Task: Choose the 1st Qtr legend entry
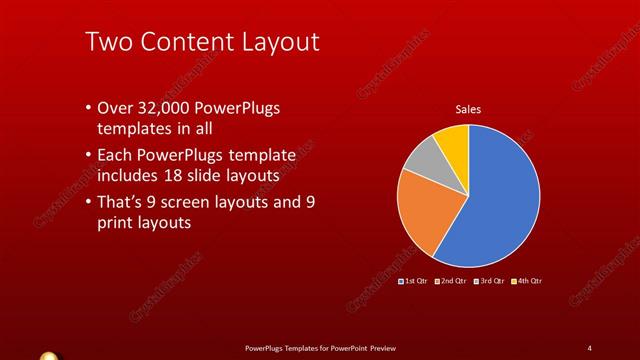414,283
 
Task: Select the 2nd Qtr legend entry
451,283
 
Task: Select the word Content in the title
184,42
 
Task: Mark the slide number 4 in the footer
590,347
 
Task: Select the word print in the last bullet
115,223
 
